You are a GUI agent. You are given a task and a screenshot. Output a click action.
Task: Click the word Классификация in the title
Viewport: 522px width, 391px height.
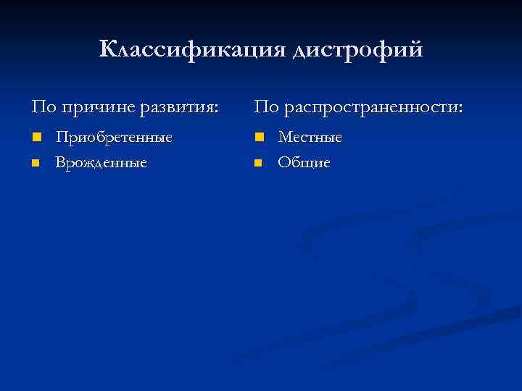[x=193, y=50]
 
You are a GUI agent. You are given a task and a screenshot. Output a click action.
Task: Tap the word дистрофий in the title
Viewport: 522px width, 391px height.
[x=357, y=51]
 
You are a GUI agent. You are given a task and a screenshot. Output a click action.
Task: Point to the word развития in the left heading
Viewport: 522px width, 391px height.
[x=178, y=108]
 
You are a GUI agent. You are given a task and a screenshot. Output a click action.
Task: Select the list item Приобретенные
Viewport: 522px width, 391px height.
[x=115, y=137]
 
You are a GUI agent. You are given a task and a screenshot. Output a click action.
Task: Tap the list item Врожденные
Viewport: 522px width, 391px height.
[x=101, y=163]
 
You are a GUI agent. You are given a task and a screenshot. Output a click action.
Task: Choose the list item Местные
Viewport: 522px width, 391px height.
[x=310, y=137]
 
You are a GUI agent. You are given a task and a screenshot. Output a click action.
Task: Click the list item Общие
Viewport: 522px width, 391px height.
[x=304, y=163]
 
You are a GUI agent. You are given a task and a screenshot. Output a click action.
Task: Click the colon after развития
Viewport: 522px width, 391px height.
[x=215, y=109]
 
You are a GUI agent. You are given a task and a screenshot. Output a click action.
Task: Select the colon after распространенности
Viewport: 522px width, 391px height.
[x=461, y=109]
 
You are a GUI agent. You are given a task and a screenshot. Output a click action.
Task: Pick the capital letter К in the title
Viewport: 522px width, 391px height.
[x=107, y=49]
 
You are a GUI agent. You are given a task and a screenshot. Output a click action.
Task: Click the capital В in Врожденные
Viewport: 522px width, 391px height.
[x=60, y=163]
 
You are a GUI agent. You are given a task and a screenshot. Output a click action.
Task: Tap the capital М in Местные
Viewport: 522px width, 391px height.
[x=285, y=137]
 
